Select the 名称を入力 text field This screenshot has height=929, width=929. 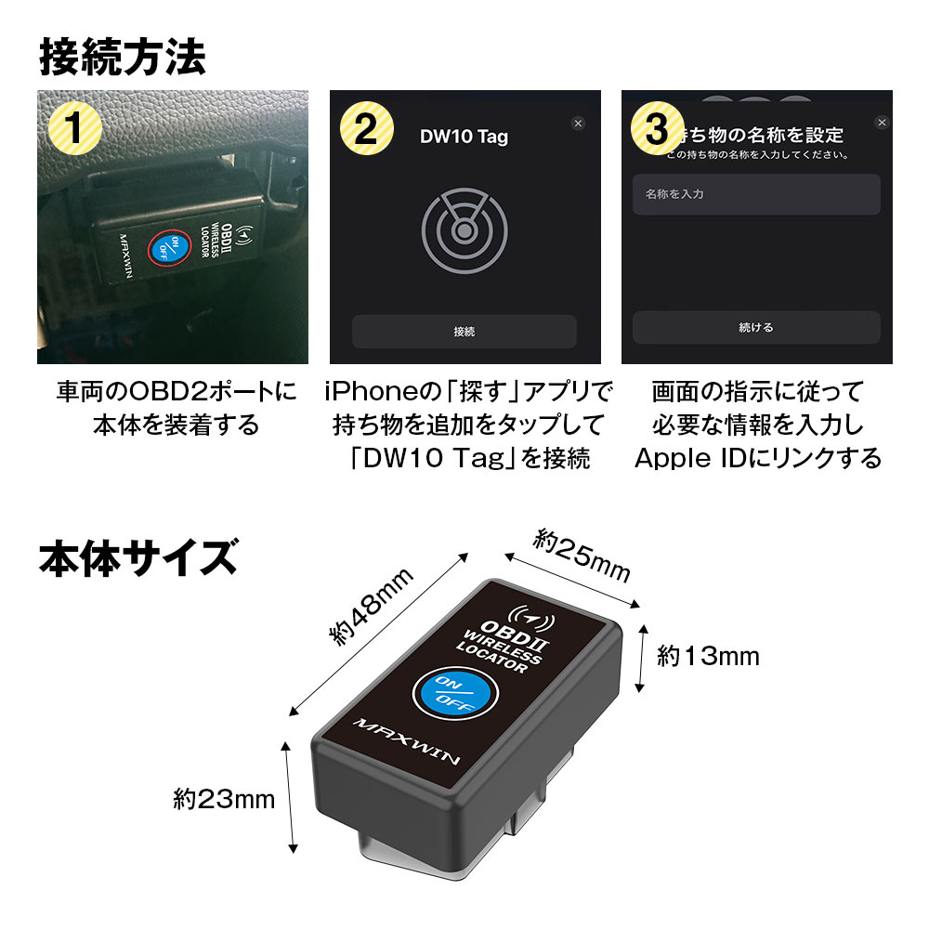[x=755, y=195]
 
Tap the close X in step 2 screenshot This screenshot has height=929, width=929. [x=578, y=123]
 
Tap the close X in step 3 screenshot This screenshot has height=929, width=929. [x=882, y=123]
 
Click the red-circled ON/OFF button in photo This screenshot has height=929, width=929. [x=164, y=248]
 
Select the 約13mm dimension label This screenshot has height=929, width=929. [x=708, y=657]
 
